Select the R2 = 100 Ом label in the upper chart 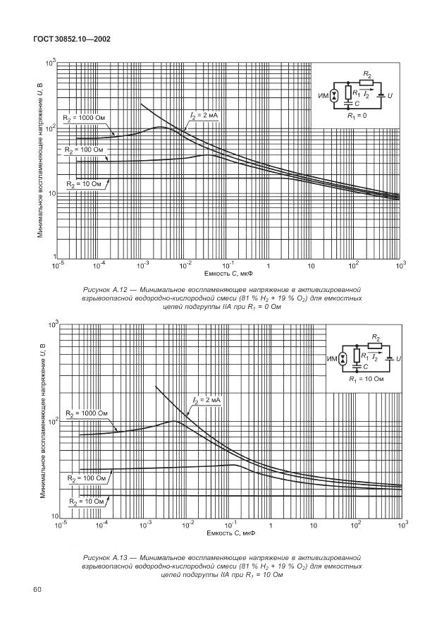click(x=84, y=150)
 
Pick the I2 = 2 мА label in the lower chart click(x=206, y=400)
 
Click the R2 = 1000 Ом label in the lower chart click(x=87, y=413)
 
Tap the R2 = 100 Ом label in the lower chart click(x=87, y=478)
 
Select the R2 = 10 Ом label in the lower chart click(x=87, y=502)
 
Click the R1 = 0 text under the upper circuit click(x=357, y=114)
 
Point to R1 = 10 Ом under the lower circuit click(x=366, y=379)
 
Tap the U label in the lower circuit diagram click(x=398, y=359)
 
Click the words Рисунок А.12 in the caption click(x=108, y=289)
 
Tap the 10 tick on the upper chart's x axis click(x=310, y=265)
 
